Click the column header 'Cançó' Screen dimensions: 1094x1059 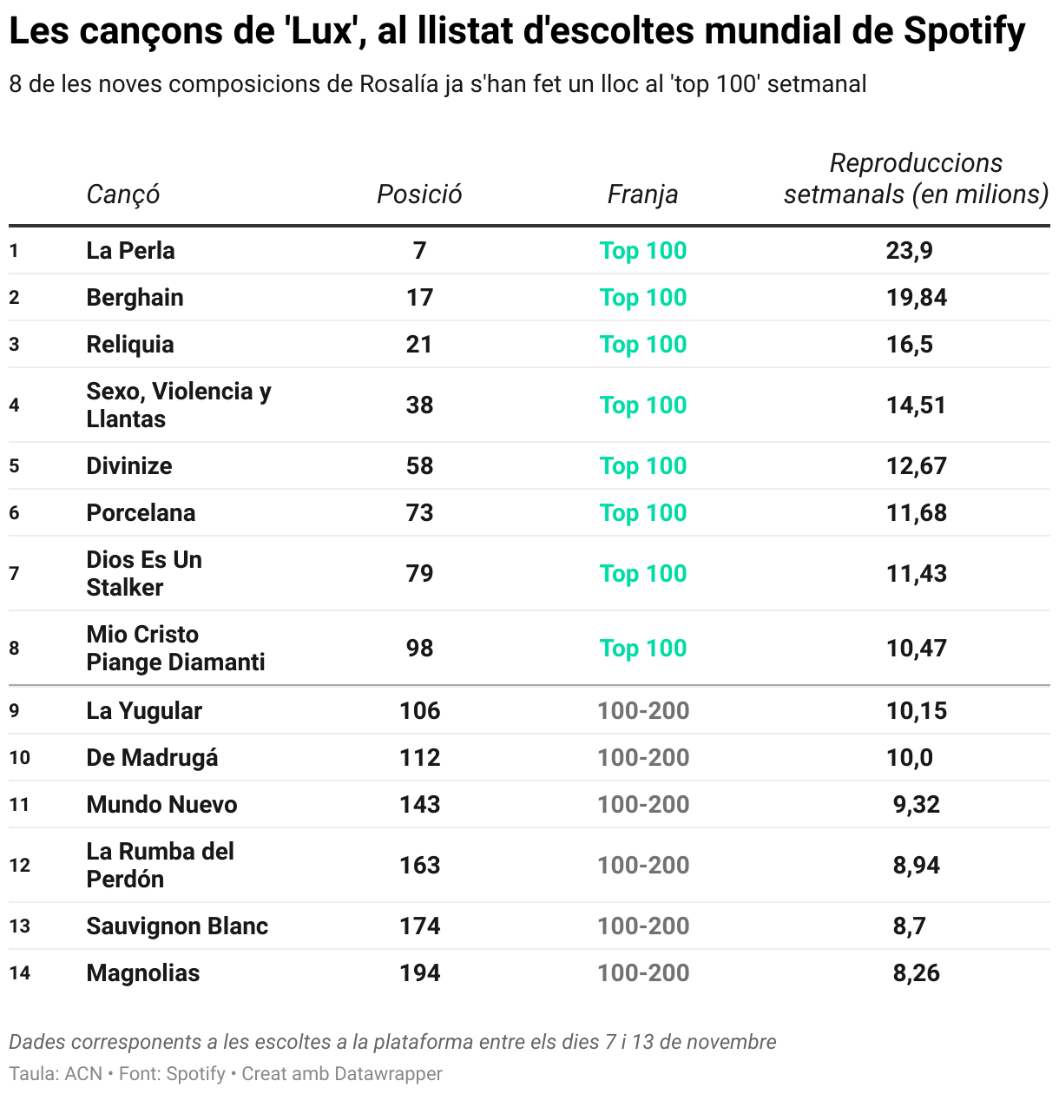[122, 194]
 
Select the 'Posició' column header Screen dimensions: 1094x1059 [419, 194]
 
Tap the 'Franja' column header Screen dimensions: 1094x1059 [642, 194]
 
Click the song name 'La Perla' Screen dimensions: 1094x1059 [130, 251]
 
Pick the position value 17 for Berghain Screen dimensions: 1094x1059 [419, 298]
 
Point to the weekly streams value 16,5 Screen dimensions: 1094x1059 [909, 345]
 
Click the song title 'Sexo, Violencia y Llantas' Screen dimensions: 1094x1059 [178, 405]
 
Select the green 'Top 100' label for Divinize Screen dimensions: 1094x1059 [642, 466]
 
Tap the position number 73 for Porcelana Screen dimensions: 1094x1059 [419, 513]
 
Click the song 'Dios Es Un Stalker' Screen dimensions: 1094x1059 [143, 574]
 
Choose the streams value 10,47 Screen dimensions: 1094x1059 [916, 649]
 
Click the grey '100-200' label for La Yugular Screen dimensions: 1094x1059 [642, 711]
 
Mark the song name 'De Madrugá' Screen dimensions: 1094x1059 [152, 758]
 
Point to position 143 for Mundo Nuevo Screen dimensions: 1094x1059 [419, 805]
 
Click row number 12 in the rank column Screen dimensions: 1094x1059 [19, 866]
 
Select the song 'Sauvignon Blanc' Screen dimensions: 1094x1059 [177, 926]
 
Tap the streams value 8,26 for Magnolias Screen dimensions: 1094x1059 [916, 973]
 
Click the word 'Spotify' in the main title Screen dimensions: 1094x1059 [964, 32]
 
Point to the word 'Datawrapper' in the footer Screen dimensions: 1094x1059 [388, 1074]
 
